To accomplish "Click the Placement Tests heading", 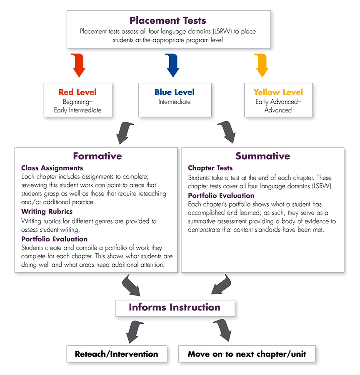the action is pyautogui.click(x=167, y=20).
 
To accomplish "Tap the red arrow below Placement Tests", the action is pyautogui.click(x=79, y=65).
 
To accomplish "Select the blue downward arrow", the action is pyautogui.click(x=172, y=65).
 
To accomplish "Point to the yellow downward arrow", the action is pyautogui.click(x=262, y=65).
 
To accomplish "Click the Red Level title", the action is pyautogui.click(x=77, y=92).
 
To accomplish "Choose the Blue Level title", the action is pyautogui.click(x=175, y=92).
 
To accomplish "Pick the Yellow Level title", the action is pyautogui.click(x=278, y=92).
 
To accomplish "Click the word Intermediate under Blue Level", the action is pyautogui.click(x=175, y=102).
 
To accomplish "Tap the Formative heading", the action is pyautogui.click(x=97, y=156).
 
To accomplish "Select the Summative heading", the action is pyautogui.click(x=262, y=156).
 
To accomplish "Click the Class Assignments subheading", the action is pyautogui.click(x=52, y=168).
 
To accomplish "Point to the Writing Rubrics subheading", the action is pyautogui.click(x=47, y=211).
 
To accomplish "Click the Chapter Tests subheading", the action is pyautogui.click(x=210, y=168).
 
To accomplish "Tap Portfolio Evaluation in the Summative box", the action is pyautogui.click(x=221, y=196).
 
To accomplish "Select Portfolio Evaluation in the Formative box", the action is pyautogui.click(x=54, y=239).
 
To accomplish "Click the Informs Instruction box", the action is pyautogui.click(x=175, y=308).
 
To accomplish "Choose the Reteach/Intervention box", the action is pyautogui.click(x=117, y=354).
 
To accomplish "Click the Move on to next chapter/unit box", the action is pyautogui.click(x=247, y=354).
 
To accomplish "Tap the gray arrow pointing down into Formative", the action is pyautogui.click(x=125, y=133).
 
